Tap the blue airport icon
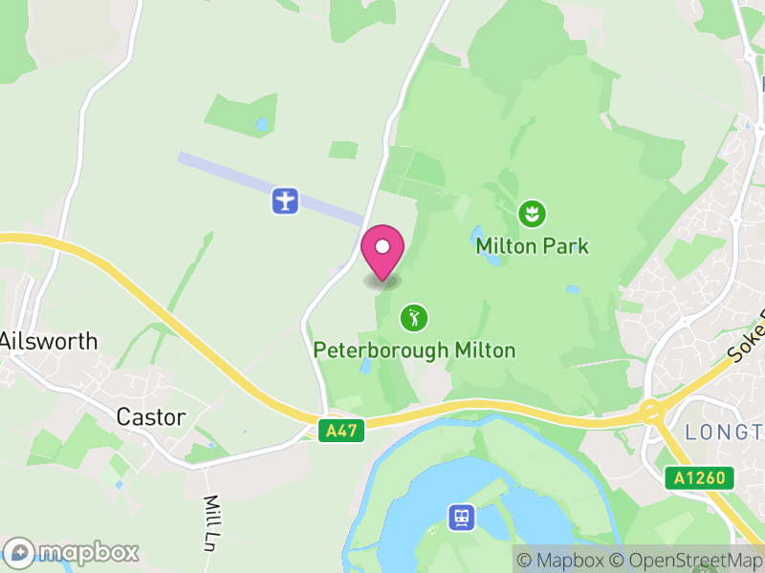285,201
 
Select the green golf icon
413,317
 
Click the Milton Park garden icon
529,213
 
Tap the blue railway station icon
461,518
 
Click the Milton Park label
532,246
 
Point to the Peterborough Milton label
414,350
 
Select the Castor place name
150,416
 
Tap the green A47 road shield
341,431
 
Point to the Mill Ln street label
214,517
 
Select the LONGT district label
725,433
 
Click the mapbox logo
73,552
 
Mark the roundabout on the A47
653,412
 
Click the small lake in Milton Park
477,234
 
